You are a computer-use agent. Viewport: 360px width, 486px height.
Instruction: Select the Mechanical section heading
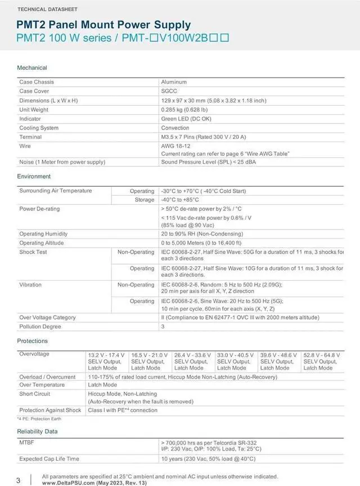coord(32,67)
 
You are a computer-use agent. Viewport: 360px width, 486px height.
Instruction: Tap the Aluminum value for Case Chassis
coord(174,82)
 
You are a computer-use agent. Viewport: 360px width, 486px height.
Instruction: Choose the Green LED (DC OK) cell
coord(186,119)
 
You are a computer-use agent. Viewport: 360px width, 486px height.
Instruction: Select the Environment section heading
coord(34,177)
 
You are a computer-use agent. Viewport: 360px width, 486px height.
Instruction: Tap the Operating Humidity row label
coord(43,234)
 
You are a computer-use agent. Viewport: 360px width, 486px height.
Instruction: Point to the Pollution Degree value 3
coord(163,326)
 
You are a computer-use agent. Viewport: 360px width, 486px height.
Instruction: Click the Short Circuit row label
coord(35,394)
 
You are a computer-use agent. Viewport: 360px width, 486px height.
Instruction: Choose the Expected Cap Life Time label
coord(49,459)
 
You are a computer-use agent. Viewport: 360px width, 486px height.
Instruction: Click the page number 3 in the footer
coord(18,480)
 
